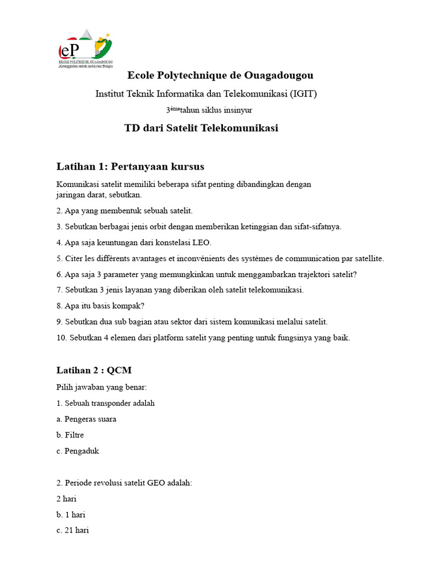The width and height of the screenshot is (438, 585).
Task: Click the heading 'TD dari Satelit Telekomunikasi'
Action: point(201,128)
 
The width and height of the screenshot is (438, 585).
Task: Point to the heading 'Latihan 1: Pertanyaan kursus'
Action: point(130,166)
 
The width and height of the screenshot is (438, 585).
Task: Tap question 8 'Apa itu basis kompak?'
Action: point(100,306)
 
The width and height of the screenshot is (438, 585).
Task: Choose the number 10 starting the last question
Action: point(62,338)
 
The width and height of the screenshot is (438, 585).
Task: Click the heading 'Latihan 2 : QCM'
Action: point(94,371)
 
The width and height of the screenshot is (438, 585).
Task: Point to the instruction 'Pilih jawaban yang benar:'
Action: point(102,387)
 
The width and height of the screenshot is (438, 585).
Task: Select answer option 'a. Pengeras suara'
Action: point(86,419)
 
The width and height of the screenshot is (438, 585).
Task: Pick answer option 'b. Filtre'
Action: point(70,435)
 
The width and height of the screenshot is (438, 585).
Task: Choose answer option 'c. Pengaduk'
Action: point(78,451)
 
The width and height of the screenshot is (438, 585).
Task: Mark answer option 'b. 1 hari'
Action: point(71,514)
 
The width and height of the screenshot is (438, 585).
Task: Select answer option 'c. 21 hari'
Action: point(72,530)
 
